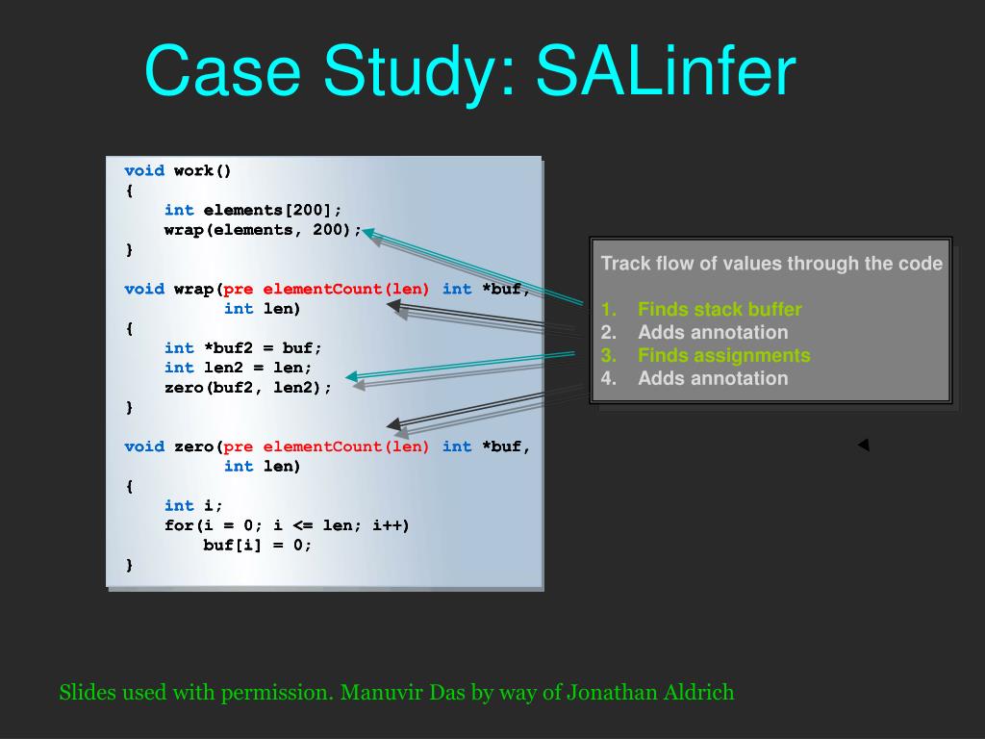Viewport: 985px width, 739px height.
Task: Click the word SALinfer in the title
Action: [x=666, y=72]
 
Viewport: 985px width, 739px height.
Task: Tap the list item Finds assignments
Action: [x=723, y=356]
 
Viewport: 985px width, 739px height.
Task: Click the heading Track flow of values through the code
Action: [x=771, y=264]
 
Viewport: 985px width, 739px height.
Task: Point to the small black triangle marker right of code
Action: [x=863, y=445]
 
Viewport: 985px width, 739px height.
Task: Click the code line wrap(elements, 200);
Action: [x=263, y=230]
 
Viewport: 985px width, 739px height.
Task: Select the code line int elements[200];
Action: [x=253, y=210]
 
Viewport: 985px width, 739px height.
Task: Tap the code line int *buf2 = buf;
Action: [x=243, y=348]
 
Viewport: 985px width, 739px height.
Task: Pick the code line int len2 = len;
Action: [x=238, y=368]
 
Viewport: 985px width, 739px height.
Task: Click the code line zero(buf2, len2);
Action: [x=247, y=388]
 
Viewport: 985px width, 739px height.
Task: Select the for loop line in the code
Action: [x=287, y=525]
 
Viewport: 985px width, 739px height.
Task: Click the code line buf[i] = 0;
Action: [x=258, y=545]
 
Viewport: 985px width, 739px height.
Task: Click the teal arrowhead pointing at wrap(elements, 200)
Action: [x=368, y=233]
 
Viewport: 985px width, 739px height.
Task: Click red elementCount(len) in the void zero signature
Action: [x=345, y=446]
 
